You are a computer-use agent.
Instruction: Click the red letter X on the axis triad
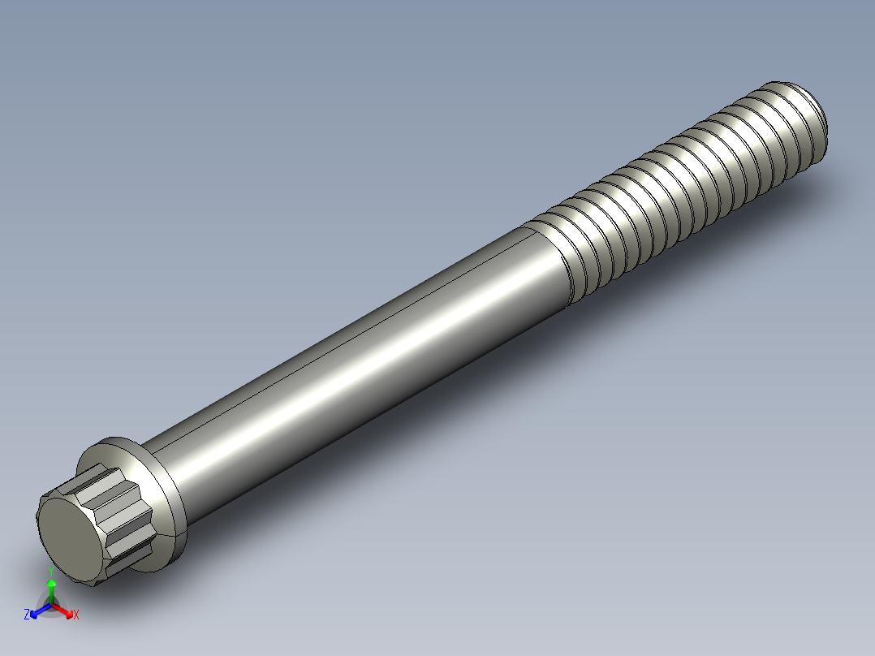tap(76, 615)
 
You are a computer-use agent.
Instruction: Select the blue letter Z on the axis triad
tap(27, 615)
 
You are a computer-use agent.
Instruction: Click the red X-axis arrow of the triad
tap(65, 611)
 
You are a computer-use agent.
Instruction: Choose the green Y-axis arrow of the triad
tap(51, 589)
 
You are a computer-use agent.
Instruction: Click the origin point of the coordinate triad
tap(51, 605)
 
